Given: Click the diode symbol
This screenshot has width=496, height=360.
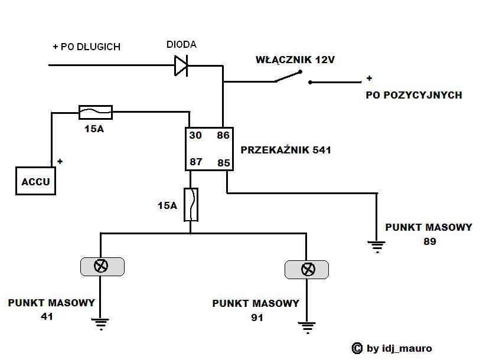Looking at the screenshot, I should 181,65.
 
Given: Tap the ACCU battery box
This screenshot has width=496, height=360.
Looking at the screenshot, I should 36,181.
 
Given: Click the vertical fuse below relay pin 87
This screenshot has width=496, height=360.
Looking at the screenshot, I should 190,205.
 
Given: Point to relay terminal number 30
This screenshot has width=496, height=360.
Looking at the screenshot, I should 195,136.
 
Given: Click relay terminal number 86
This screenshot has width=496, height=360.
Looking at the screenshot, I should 223,136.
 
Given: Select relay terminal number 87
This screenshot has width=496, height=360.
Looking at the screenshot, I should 195,161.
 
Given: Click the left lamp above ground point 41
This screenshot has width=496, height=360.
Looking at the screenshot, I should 102,266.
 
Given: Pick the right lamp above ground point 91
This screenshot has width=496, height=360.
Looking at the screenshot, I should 307,270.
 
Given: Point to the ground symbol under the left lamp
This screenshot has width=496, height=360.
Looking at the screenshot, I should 100,323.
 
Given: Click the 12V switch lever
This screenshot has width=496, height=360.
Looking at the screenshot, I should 288,77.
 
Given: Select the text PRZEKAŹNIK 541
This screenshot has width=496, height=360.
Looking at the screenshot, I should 286,150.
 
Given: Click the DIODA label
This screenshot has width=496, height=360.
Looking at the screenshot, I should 181,45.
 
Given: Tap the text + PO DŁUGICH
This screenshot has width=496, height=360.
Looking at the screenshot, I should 86,47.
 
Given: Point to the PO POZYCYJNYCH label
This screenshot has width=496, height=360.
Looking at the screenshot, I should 414,95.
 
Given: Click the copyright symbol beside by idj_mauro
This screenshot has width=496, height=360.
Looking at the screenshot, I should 357,348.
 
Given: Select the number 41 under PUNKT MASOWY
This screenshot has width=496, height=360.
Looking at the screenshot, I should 47,316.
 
